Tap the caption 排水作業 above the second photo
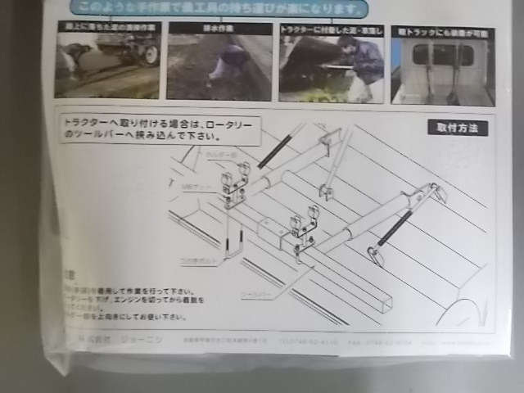pyautogui.click(x=219, y=28)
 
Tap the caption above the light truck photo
pyautogui.click(x=442, y=29)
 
